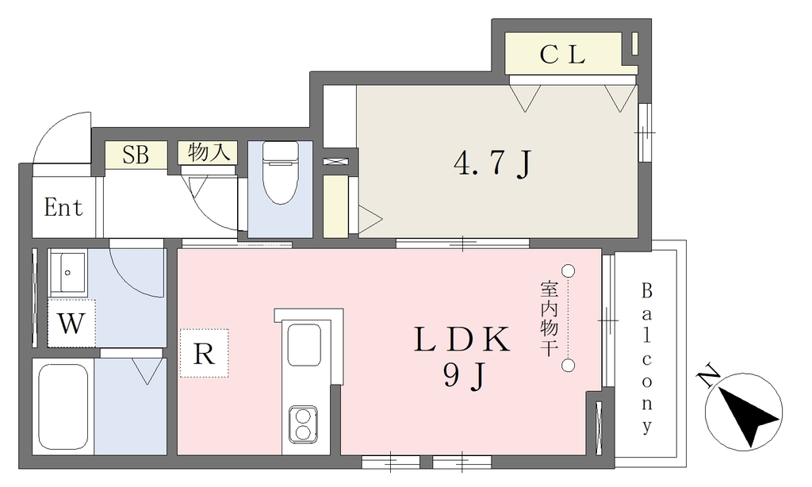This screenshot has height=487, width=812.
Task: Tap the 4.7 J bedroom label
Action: point(492,163)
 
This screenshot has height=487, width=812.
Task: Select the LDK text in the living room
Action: point(462,340)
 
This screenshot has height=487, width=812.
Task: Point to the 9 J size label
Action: point(465,376)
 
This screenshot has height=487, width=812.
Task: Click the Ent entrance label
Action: point(63,208)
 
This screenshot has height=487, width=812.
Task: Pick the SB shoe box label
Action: point(136,155)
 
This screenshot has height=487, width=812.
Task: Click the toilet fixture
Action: point(280,173)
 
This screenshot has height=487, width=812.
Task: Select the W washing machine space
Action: point(71,323)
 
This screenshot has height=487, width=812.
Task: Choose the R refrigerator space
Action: point(204,353)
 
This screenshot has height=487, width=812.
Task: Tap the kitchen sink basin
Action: point(304,344)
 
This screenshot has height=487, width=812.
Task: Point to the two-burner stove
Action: point(303,424)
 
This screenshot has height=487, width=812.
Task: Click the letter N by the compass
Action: point(708,378)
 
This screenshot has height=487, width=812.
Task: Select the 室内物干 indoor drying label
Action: point(549,318)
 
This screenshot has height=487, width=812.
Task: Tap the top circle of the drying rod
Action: point(569,270)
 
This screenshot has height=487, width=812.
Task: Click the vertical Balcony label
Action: point(647,358)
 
